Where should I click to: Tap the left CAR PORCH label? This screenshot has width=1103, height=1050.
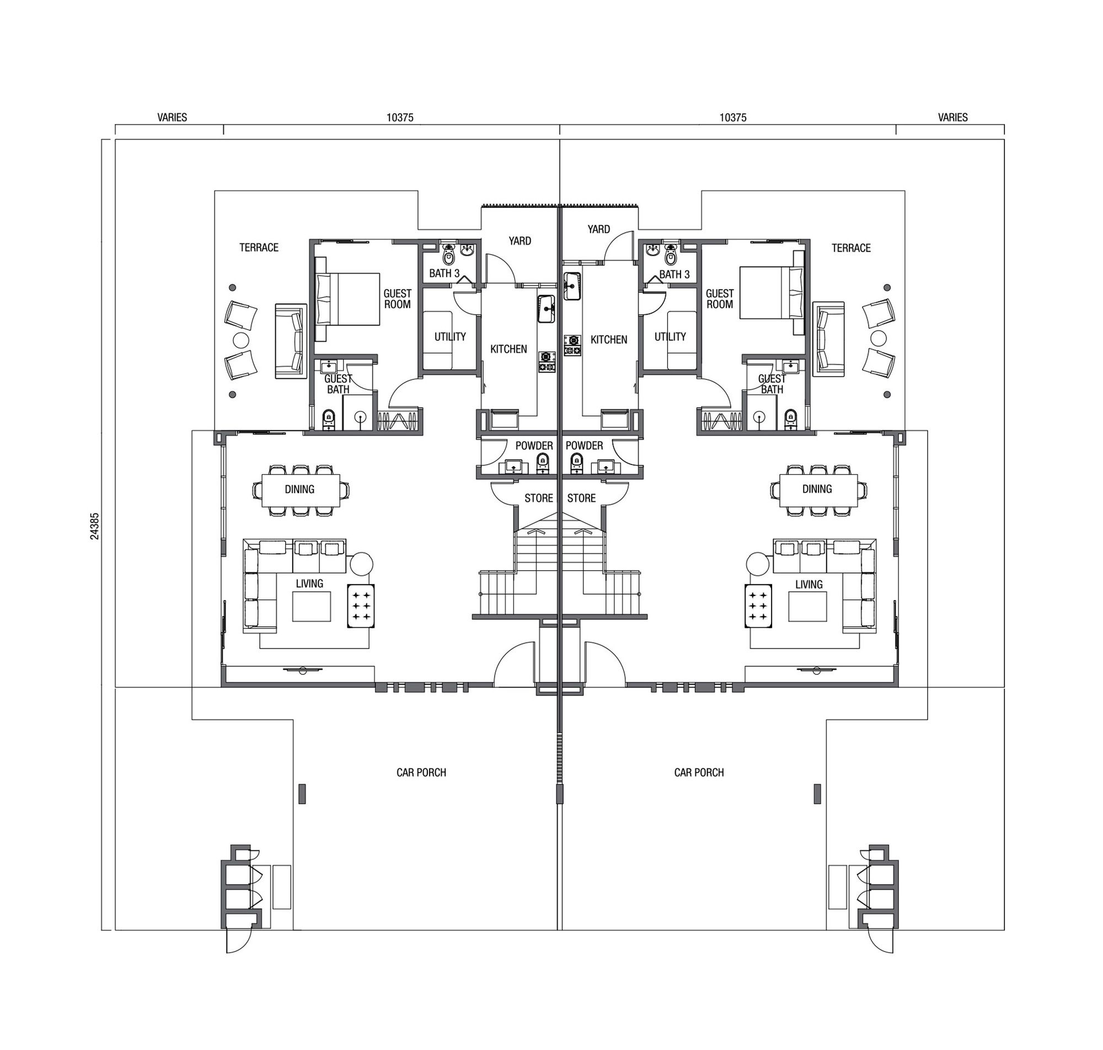(421, 773)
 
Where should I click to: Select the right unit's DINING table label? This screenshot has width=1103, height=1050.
(817, 489)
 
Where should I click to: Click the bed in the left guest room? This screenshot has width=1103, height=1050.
(347, 299)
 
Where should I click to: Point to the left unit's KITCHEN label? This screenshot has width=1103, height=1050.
(508, 349)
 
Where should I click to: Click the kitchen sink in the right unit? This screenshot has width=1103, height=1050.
(572, 286)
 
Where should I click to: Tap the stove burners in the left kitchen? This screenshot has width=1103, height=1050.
(547, 362)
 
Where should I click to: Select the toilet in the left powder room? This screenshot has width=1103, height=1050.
(542, 462)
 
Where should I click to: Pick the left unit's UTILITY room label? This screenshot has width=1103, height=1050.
(450, 336)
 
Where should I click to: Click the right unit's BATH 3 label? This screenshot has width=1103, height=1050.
(674, 274)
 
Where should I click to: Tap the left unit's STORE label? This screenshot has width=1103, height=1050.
(538, 498)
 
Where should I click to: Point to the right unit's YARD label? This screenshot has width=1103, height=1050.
(599, 229)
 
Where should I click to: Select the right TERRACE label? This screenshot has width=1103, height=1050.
(851, 248)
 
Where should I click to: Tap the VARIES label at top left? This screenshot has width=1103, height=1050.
(173, 117)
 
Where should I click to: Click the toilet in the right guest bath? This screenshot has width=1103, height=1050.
(790, 417)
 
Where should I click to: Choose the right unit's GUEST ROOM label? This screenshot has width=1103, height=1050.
(720, 299)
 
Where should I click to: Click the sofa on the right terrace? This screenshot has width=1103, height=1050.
(829, 339)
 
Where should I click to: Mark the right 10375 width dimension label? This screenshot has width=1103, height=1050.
(733, 117)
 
